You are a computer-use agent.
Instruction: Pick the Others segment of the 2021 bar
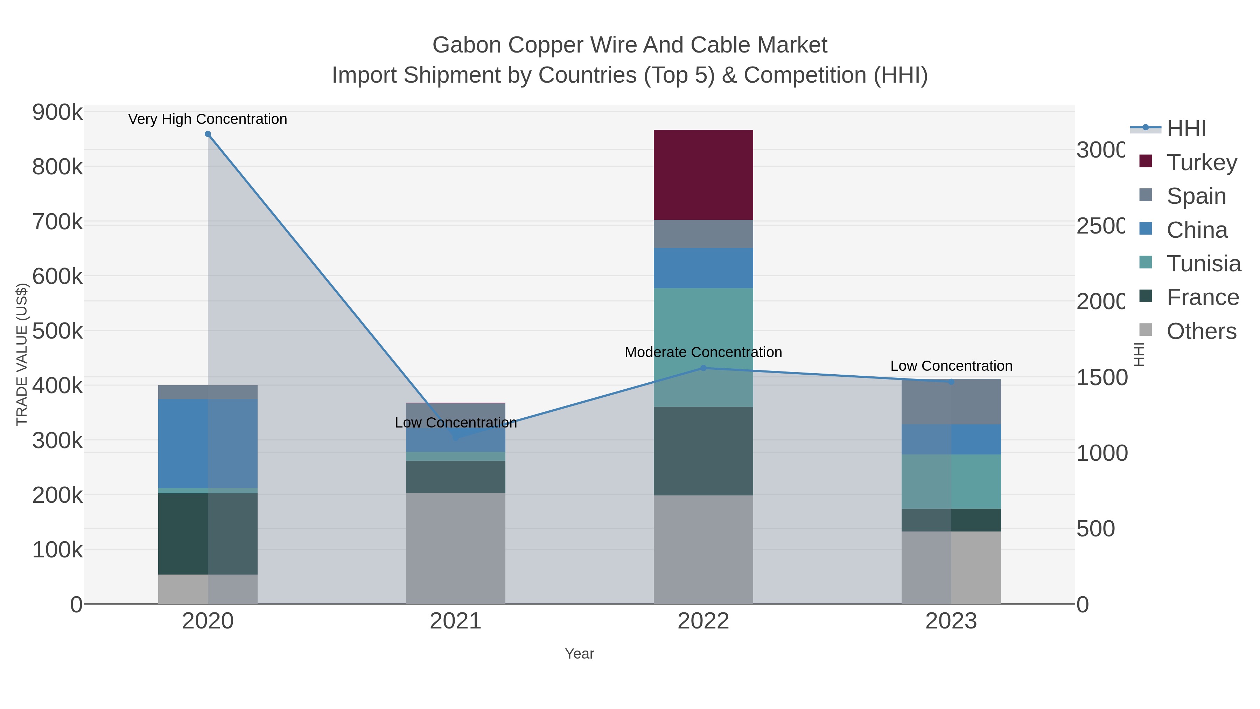[455, 548]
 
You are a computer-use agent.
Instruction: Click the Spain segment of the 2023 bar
[951, 402]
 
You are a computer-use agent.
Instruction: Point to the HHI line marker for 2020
[208, 134]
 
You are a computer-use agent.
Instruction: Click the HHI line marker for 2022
[703, 368]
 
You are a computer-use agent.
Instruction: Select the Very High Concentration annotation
[208, 119]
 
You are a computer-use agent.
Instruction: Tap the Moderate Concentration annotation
[703, 352]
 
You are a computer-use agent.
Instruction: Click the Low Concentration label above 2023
[951, 366]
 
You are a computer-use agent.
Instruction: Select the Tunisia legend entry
[1203, 264]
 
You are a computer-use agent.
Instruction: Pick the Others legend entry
[1201, 331]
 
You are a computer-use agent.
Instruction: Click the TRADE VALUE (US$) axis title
[22, 354]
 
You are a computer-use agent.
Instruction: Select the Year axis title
[579, 654]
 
